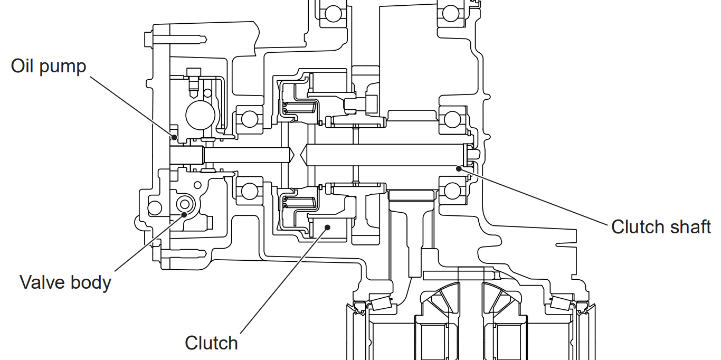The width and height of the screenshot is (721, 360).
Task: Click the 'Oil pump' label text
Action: (48, 67)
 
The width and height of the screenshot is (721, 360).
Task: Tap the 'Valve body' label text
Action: (65, 282)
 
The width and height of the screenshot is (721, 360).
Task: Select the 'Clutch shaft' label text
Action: (661, 227)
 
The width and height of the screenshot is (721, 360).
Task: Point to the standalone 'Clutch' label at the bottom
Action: (211, 343)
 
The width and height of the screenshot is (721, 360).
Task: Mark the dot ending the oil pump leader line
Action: (174, 137)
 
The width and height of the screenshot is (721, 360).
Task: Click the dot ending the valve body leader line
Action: (185, 214)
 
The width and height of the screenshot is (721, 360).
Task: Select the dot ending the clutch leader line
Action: (327, 227)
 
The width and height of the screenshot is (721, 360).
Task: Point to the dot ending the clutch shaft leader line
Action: (459, 168)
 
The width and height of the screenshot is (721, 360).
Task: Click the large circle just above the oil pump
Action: (201, 115)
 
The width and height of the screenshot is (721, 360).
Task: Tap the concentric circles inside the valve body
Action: (185, 203)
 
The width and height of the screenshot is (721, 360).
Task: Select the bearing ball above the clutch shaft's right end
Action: (452, 119)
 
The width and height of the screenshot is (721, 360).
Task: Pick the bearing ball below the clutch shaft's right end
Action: (452, 191)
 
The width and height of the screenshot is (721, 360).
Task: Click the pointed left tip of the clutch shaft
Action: (301, 155)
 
